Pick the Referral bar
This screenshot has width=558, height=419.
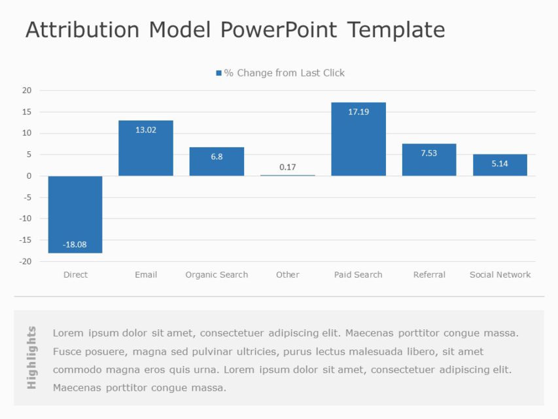tap(429, 160)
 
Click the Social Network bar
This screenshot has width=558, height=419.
tap(500, 166)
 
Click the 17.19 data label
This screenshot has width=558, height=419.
tap(358, 112)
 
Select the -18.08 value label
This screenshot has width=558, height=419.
tap(75, 244)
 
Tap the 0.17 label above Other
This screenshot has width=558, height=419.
tap(287, 167)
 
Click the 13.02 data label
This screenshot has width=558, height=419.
tap(146, 130)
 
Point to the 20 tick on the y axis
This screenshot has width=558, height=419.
tap(26, 90)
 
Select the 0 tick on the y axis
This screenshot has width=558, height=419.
tap(29, 176)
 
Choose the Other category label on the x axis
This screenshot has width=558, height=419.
tap(287, 275)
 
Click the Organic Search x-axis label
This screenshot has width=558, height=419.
tap(217, 275)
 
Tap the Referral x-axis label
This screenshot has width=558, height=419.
tap(429, 275)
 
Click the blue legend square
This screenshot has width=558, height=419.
tap(218, 73)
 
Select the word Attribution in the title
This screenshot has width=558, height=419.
tap(82, 30)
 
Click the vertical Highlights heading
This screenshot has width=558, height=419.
tap(32, 357)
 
